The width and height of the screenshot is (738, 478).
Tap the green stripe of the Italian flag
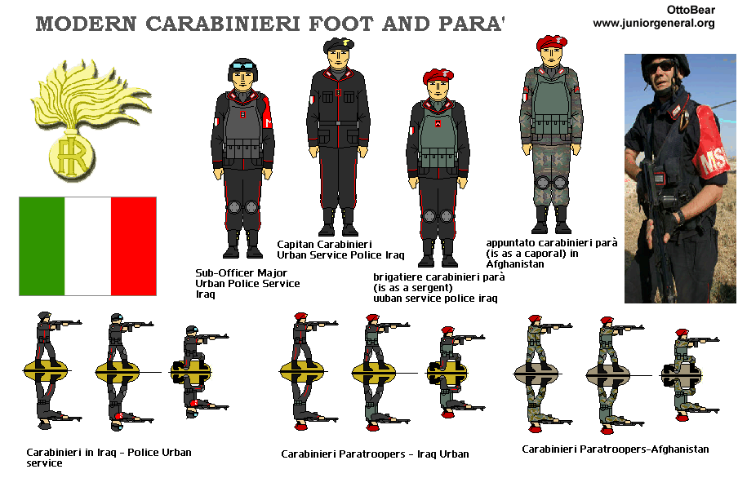coord(42,246)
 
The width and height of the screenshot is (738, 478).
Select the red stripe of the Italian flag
coord(133,246)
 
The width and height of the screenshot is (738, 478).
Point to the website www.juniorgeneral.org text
coord(654,23)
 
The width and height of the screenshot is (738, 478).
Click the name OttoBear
coord(691,10)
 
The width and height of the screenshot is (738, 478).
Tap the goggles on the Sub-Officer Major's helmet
coord(242,66)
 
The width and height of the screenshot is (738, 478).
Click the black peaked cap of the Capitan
coord(339,45)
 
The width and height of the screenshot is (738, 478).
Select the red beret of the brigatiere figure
coord(438,75)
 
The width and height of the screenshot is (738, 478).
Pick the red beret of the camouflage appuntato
coord(552,42)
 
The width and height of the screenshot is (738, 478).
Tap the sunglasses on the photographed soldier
coord(660,66)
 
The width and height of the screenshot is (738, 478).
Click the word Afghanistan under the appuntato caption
coord(515,264)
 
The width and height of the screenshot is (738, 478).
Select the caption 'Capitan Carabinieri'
coord(324,244)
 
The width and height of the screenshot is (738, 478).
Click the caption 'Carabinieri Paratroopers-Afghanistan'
coord(616,449)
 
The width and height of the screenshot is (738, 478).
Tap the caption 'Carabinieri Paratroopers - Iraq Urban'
coord(375,454)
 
